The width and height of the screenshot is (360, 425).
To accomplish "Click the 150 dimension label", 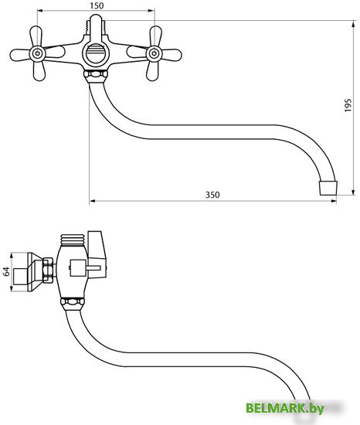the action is coord(97,5).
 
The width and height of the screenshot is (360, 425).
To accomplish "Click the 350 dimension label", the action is coord(212,195).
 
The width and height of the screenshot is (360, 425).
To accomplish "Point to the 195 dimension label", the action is coord(348,105).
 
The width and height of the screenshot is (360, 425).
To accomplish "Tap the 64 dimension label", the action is coord(6,271).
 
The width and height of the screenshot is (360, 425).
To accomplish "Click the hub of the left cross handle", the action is coord(37,53).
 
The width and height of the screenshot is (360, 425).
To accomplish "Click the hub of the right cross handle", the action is coord(155,53).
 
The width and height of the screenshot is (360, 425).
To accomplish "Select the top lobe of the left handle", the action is coord(36,36).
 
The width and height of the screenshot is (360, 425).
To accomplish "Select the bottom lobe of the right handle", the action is coord(152,71).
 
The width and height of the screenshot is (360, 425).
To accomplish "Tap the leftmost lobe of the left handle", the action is coord(20,55).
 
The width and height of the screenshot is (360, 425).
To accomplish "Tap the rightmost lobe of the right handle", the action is coord(172,55).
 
